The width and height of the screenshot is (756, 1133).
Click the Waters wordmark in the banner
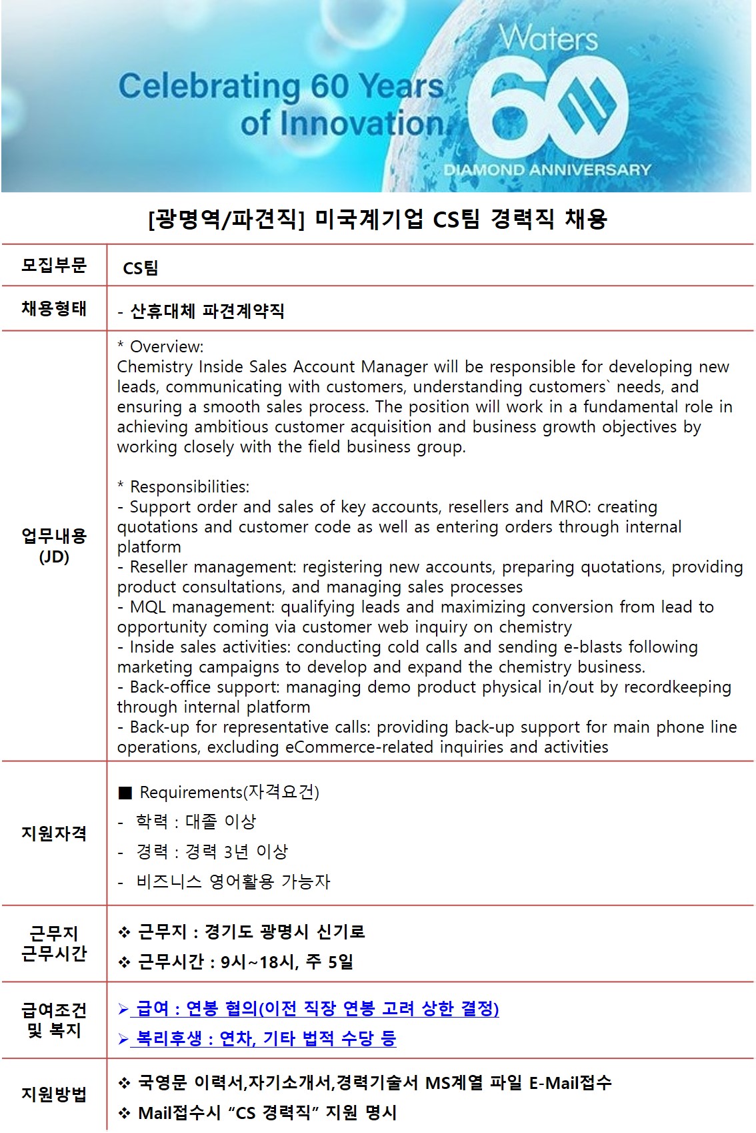[549, 38]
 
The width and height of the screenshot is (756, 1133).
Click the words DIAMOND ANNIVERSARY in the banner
[547, 169]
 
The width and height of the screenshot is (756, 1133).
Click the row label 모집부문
[54, 266]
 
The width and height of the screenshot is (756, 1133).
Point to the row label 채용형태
[54, 308]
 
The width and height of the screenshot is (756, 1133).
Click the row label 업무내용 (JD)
[54, 546]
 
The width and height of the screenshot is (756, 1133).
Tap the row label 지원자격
[54, 833]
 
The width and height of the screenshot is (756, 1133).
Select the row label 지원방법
[54, 1094]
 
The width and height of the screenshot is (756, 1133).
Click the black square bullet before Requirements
[125, 793]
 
